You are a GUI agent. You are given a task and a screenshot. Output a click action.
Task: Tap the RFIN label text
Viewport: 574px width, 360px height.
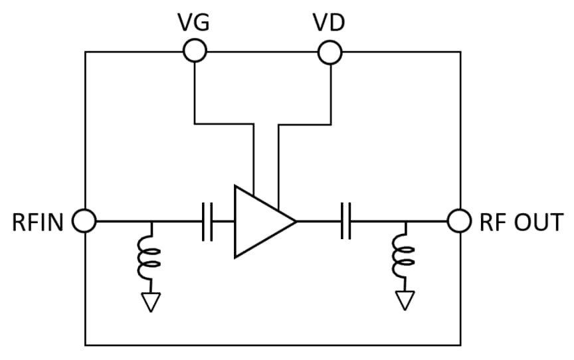(37, 223)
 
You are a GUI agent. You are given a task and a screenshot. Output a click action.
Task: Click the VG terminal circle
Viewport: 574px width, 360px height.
(194, 50)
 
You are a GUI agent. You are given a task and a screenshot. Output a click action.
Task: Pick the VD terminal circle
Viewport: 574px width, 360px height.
(330, 51)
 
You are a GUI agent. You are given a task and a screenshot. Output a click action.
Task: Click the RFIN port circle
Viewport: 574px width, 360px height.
(85, 221)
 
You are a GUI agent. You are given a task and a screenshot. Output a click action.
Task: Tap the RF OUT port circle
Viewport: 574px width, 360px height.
(459, 221)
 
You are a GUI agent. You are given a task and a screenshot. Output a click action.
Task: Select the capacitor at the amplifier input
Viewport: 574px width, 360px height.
(207, 221)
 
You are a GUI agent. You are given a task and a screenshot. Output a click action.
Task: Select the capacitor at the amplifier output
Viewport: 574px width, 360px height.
(345, 221)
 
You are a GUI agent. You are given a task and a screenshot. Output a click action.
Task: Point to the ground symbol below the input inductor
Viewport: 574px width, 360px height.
(151, 302)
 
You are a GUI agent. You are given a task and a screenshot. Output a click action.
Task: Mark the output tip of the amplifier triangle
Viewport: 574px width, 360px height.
(295, 221)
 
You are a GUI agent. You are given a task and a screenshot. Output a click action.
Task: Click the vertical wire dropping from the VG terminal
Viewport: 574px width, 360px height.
(194, 93)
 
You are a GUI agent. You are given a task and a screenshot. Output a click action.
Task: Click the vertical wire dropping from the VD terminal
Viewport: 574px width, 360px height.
(330, 93)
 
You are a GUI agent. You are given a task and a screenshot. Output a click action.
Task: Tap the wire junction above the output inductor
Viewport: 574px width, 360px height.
(404, 221)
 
